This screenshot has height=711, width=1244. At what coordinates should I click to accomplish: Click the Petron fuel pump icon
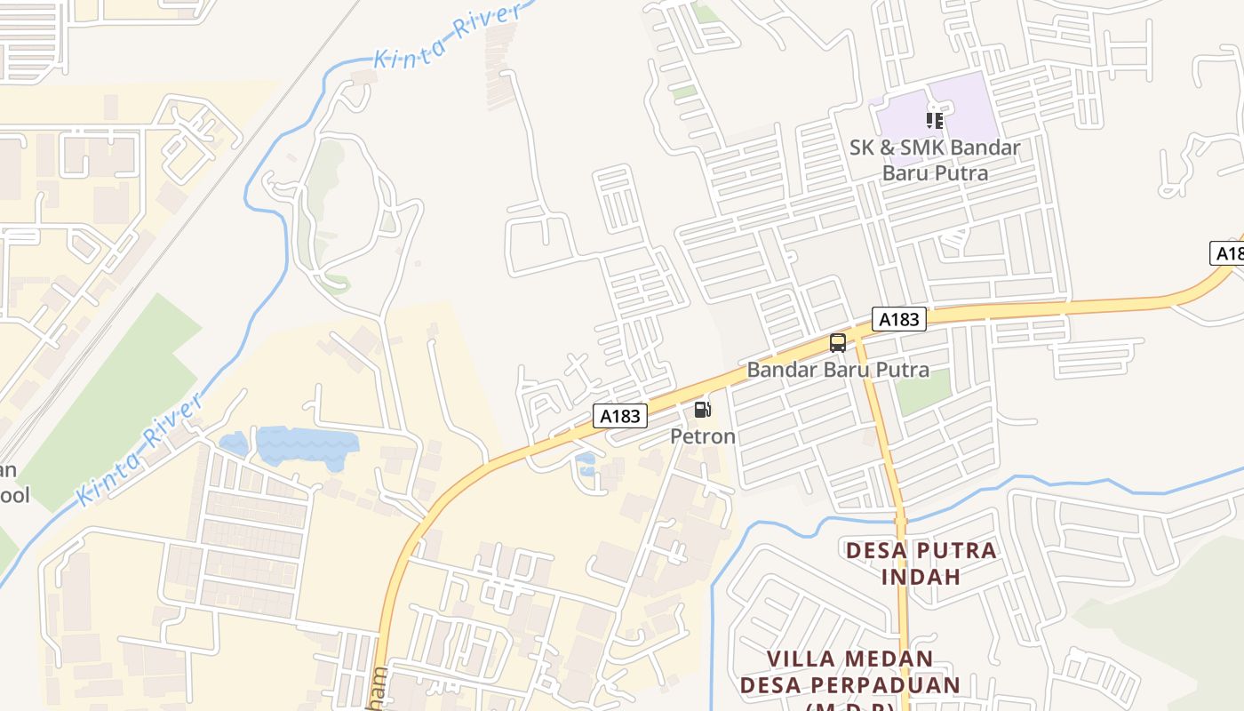(702, 410)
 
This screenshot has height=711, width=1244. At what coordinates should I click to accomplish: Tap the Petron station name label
(703, 436)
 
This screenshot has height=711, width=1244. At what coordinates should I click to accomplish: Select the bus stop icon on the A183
(837, 342)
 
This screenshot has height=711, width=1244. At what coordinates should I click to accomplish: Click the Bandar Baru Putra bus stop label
(838, 370)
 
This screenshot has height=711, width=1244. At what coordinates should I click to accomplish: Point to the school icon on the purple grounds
(934, 120)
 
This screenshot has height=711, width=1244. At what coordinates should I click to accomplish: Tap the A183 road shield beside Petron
(620, 415)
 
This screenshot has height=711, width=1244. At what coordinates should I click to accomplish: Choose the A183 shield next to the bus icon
(898, 319)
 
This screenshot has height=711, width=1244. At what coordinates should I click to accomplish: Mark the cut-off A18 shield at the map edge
(1228, 253)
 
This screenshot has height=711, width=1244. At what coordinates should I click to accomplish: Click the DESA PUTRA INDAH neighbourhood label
(921, 563)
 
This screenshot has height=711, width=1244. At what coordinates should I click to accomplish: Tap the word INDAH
(921, 576)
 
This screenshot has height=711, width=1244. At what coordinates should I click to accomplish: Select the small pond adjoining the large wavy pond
(233, 443)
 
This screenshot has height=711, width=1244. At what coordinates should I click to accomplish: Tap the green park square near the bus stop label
(922, 392)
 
